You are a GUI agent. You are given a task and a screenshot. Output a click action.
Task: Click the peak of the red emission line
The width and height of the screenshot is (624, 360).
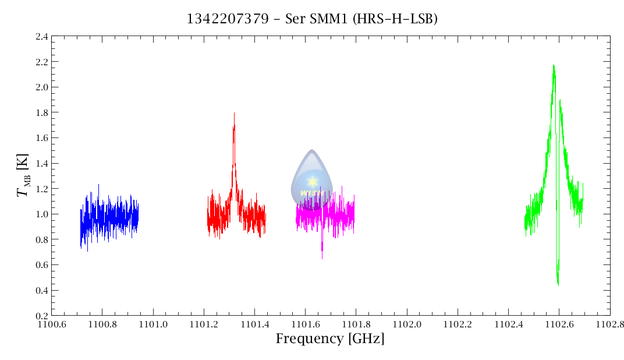coord(234,113)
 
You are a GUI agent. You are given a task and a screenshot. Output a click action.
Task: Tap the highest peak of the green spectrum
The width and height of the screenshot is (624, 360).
coord(554,65)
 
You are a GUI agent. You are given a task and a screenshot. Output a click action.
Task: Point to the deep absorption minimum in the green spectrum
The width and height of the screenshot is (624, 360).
coord(558,284)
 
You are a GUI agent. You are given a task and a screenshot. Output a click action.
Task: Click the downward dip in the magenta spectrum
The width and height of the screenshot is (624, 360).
coord(322,257)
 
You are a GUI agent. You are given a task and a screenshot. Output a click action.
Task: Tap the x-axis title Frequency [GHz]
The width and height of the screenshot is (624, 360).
coord(330,339)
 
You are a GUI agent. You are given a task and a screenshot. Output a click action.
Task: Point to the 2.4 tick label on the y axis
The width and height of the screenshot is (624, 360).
coord(41,36)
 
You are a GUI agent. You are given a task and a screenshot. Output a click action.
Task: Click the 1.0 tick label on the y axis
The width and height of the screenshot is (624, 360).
coord(41,214)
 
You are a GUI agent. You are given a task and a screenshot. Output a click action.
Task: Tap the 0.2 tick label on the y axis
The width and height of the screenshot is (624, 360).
coord(41,316)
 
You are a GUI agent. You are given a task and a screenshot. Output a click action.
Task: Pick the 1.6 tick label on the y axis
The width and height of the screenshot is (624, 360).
coord(41,138)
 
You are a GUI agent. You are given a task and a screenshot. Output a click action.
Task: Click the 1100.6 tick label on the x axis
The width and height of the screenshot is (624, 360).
coord(52,324)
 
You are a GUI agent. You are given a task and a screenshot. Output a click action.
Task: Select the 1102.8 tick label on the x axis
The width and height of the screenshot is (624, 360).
coord(609,324)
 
